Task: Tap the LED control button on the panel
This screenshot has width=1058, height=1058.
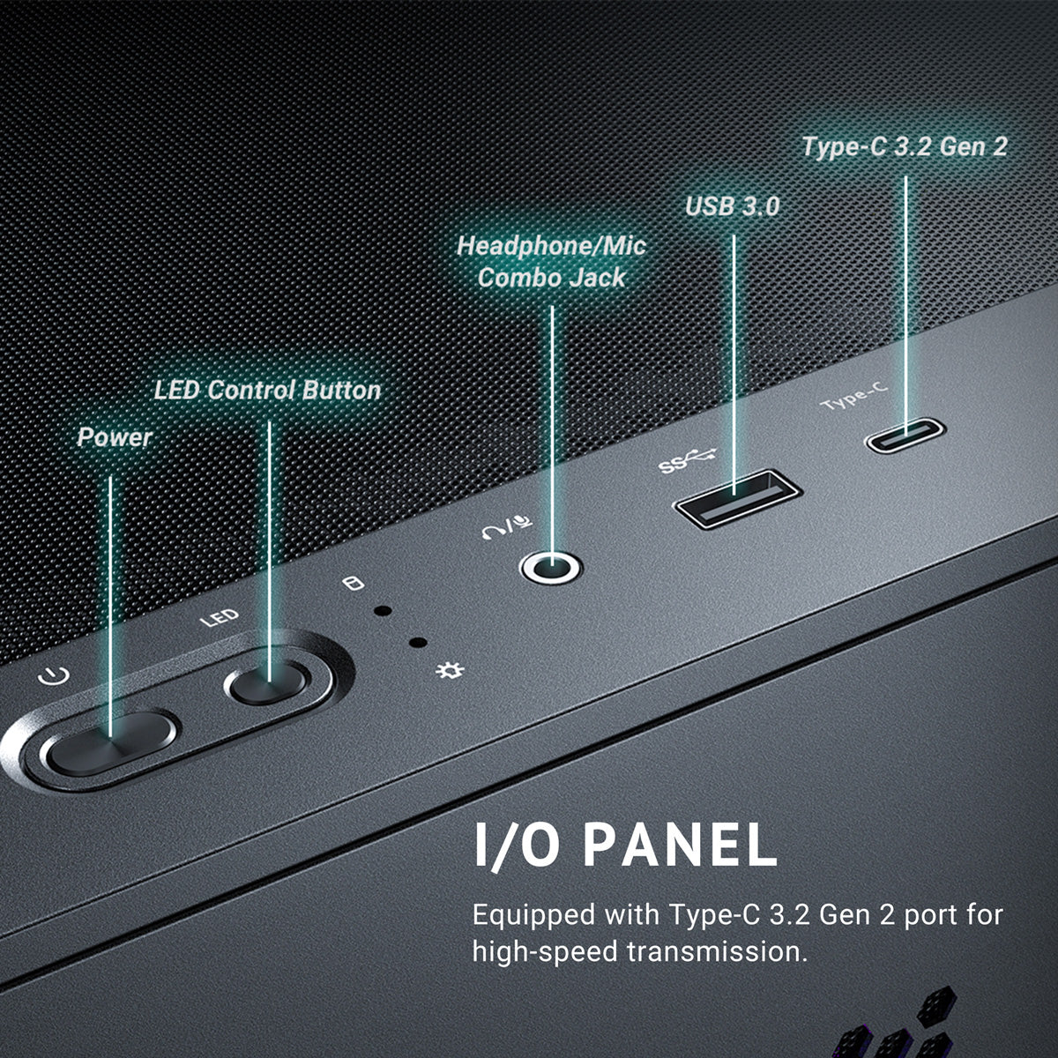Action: (267, 683)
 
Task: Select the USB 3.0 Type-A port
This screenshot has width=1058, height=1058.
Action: (737, 499)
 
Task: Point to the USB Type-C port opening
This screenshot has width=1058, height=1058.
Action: (905, 436)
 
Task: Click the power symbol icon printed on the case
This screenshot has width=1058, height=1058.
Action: (54, 676)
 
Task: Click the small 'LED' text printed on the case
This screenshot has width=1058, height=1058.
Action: (219, 618)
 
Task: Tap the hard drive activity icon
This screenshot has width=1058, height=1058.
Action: (353, 583)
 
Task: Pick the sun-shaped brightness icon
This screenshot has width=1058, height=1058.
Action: (450, 670)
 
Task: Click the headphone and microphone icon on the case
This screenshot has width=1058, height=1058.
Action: (507, 526)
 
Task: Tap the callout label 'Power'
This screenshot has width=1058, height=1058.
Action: (115, 437)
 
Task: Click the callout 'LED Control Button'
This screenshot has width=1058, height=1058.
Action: (267, 391)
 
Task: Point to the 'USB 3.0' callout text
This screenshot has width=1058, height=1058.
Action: (733, 206)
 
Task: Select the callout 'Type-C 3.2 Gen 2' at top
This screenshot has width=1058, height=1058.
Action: (905, 146)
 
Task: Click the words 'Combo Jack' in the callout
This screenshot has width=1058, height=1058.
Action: (551, 278)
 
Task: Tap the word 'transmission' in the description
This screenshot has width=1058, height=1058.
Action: (719, 951)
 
